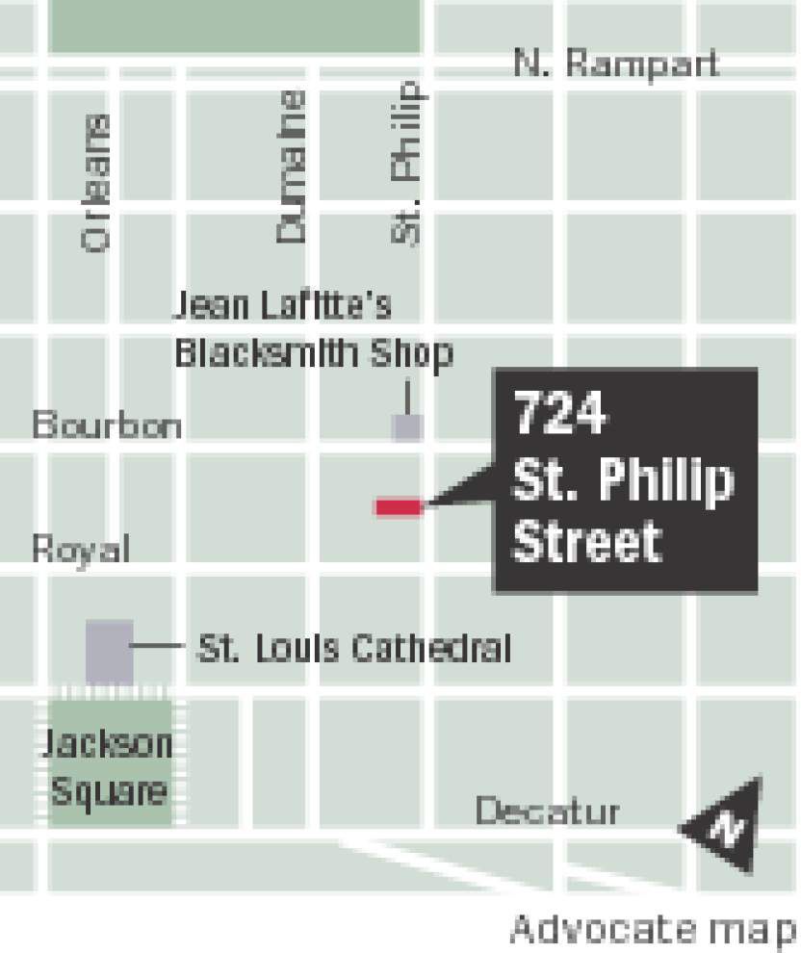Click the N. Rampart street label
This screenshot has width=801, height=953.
616,64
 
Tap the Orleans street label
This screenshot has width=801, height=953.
96,183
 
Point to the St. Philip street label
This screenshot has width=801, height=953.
406,164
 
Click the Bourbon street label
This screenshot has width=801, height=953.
107,425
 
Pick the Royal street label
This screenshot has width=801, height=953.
81,550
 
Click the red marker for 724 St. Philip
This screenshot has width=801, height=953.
399,506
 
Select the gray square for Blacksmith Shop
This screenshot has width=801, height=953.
407,426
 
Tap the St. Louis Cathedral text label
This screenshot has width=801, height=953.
353,649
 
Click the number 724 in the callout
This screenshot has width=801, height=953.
559,414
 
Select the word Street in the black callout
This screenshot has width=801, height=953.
586,541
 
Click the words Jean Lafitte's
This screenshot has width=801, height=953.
281,306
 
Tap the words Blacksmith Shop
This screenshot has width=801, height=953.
313,353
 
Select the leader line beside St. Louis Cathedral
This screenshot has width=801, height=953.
159,648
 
